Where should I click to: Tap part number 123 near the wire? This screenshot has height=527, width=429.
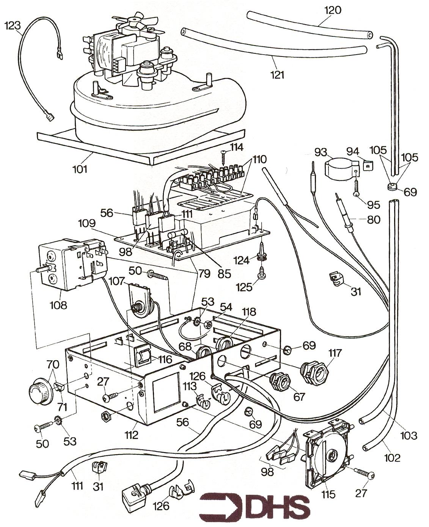point(13,25)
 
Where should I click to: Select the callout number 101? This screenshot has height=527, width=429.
point(80,169)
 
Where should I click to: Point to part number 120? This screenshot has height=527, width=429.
point(333,10)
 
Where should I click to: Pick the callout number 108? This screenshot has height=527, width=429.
point(58,305)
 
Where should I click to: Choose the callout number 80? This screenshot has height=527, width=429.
point(373,219)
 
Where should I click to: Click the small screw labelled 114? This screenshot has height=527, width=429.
point(224,155)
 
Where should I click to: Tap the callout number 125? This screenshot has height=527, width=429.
point(244,287)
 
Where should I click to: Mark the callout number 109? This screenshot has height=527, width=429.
point(87,223)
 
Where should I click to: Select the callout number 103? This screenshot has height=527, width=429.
point(409,436)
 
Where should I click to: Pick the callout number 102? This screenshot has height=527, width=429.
point(392,458)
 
